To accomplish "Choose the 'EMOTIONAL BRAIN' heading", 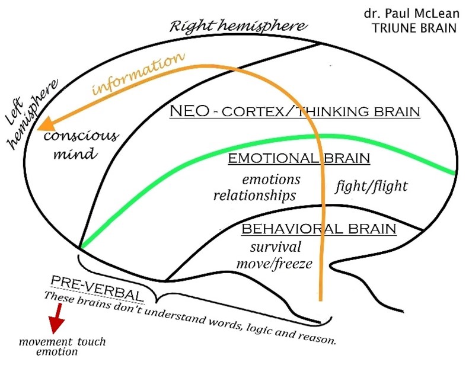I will click(x=299, y=158).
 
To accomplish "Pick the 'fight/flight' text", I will click(x=372, y=186).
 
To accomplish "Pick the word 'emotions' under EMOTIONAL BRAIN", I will click(x=273, y=180).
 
